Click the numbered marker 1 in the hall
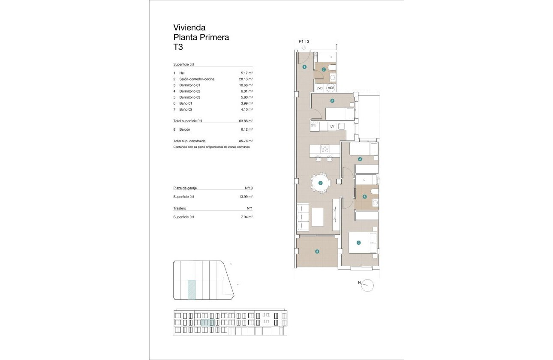pos(304,67)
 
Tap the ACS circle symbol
pos(331,88)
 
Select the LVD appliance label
pos(319,88)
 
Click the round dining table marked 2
pos(320,183)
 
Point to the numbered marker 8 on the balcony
pos(317,252)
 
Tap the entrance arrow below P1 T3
pos(304,48)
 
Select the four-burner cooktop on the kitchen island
pos(325,150)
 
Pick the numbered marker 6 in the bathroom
pos(364,197)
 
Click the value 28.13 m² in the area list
pos(246,79)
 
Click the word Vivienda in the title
pos(189,28)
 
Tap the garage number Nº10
pos(248,188)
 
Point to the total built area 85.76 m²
pos(246,141)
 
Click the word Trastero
pos(180,208)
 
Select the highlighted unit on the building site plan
pos(192,289)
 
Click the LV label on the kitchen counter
pos(332,126)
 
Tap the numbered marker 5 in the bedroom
pos(332,101)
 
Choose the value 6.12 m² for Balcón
pos(246,129)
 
